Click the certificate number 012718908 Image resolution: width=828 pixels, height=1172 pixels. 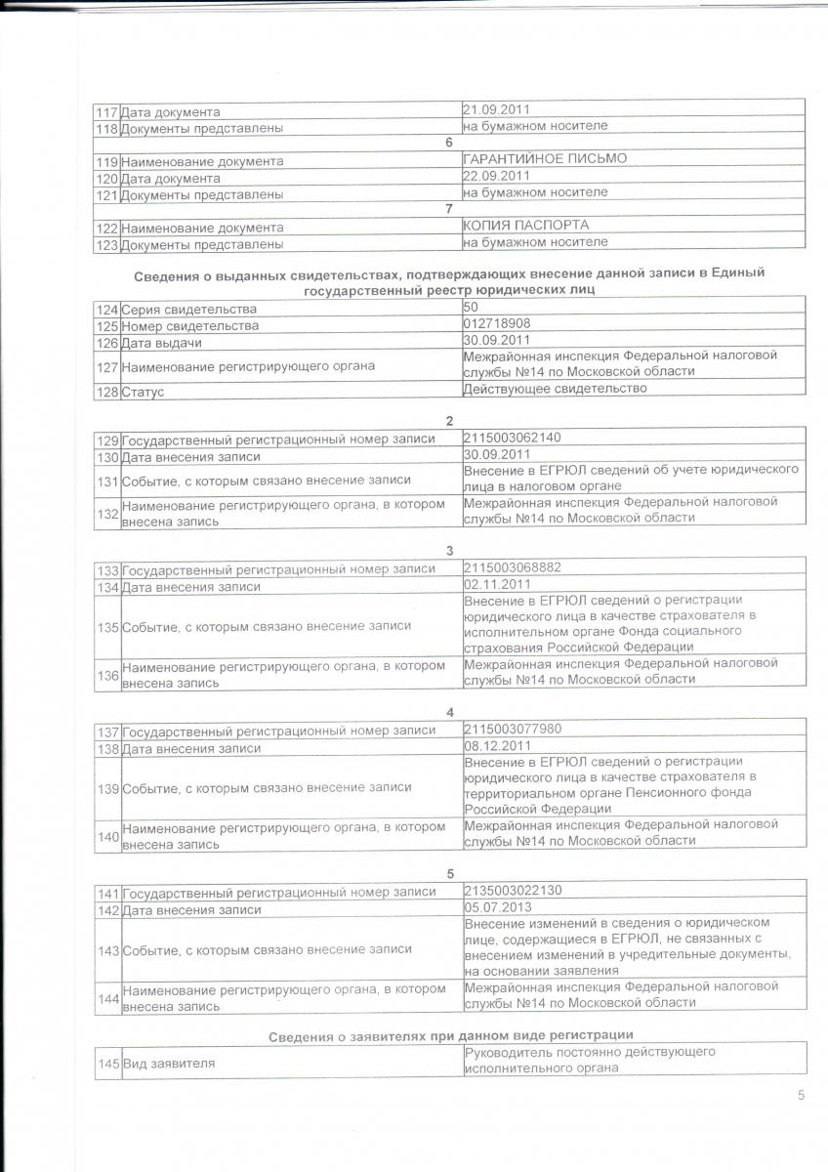click(497, 323)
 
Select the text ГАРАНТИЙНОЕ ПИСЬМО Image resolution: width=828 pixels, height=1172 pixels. click(545, 158)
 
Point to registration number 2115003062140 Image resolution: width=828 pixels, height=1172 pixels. click(513, 437)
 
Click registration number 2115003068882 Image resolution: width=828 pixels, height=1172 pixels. click(513, 567)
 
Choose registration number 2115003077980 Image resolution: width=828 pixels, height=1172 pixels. click(513, 729)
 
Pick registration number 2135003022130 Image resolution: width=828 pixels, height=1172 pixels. click(513, 890)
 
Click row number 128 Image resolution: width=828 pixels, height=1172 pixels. click(107, 392)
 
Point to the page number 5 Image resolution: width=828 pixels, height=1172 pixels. click(801, 1095)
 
